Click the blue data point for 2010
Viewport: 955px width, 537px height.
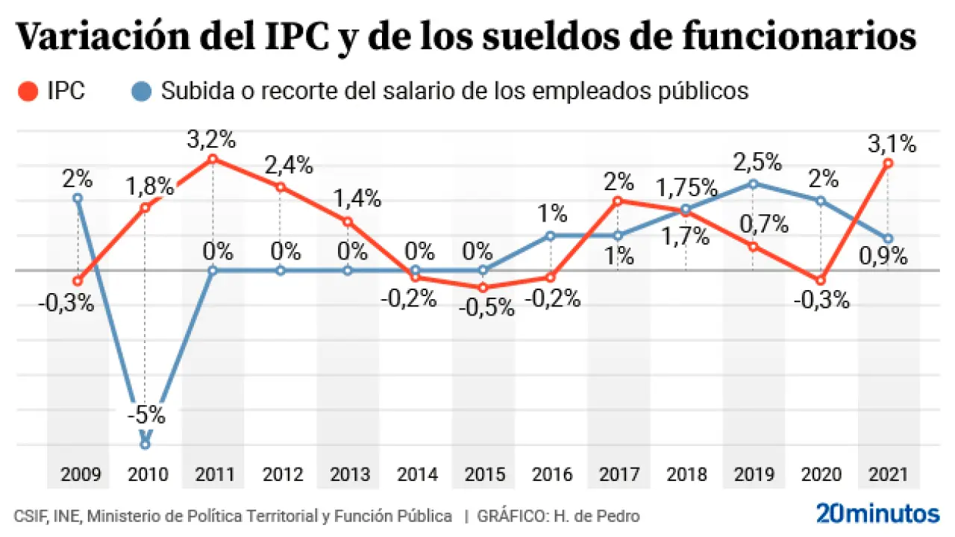[145, 445]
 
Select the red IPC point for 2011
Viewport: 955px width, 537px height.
[213, 159]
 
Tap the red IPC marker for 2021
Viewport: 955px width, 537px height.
[888, 163]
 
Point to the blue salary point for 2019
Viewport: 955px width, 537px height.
[753, 183]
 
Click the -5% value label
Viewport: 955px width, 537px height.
[145, 415]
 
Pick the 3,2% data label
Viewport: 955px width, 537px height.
[213, 139]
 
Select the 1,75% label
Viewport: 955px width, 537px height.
[686, 186]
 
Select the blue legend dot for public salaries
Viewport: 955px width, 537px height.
[145, 92]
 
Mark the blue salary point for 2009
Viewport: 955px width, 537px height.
[78, 198]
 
